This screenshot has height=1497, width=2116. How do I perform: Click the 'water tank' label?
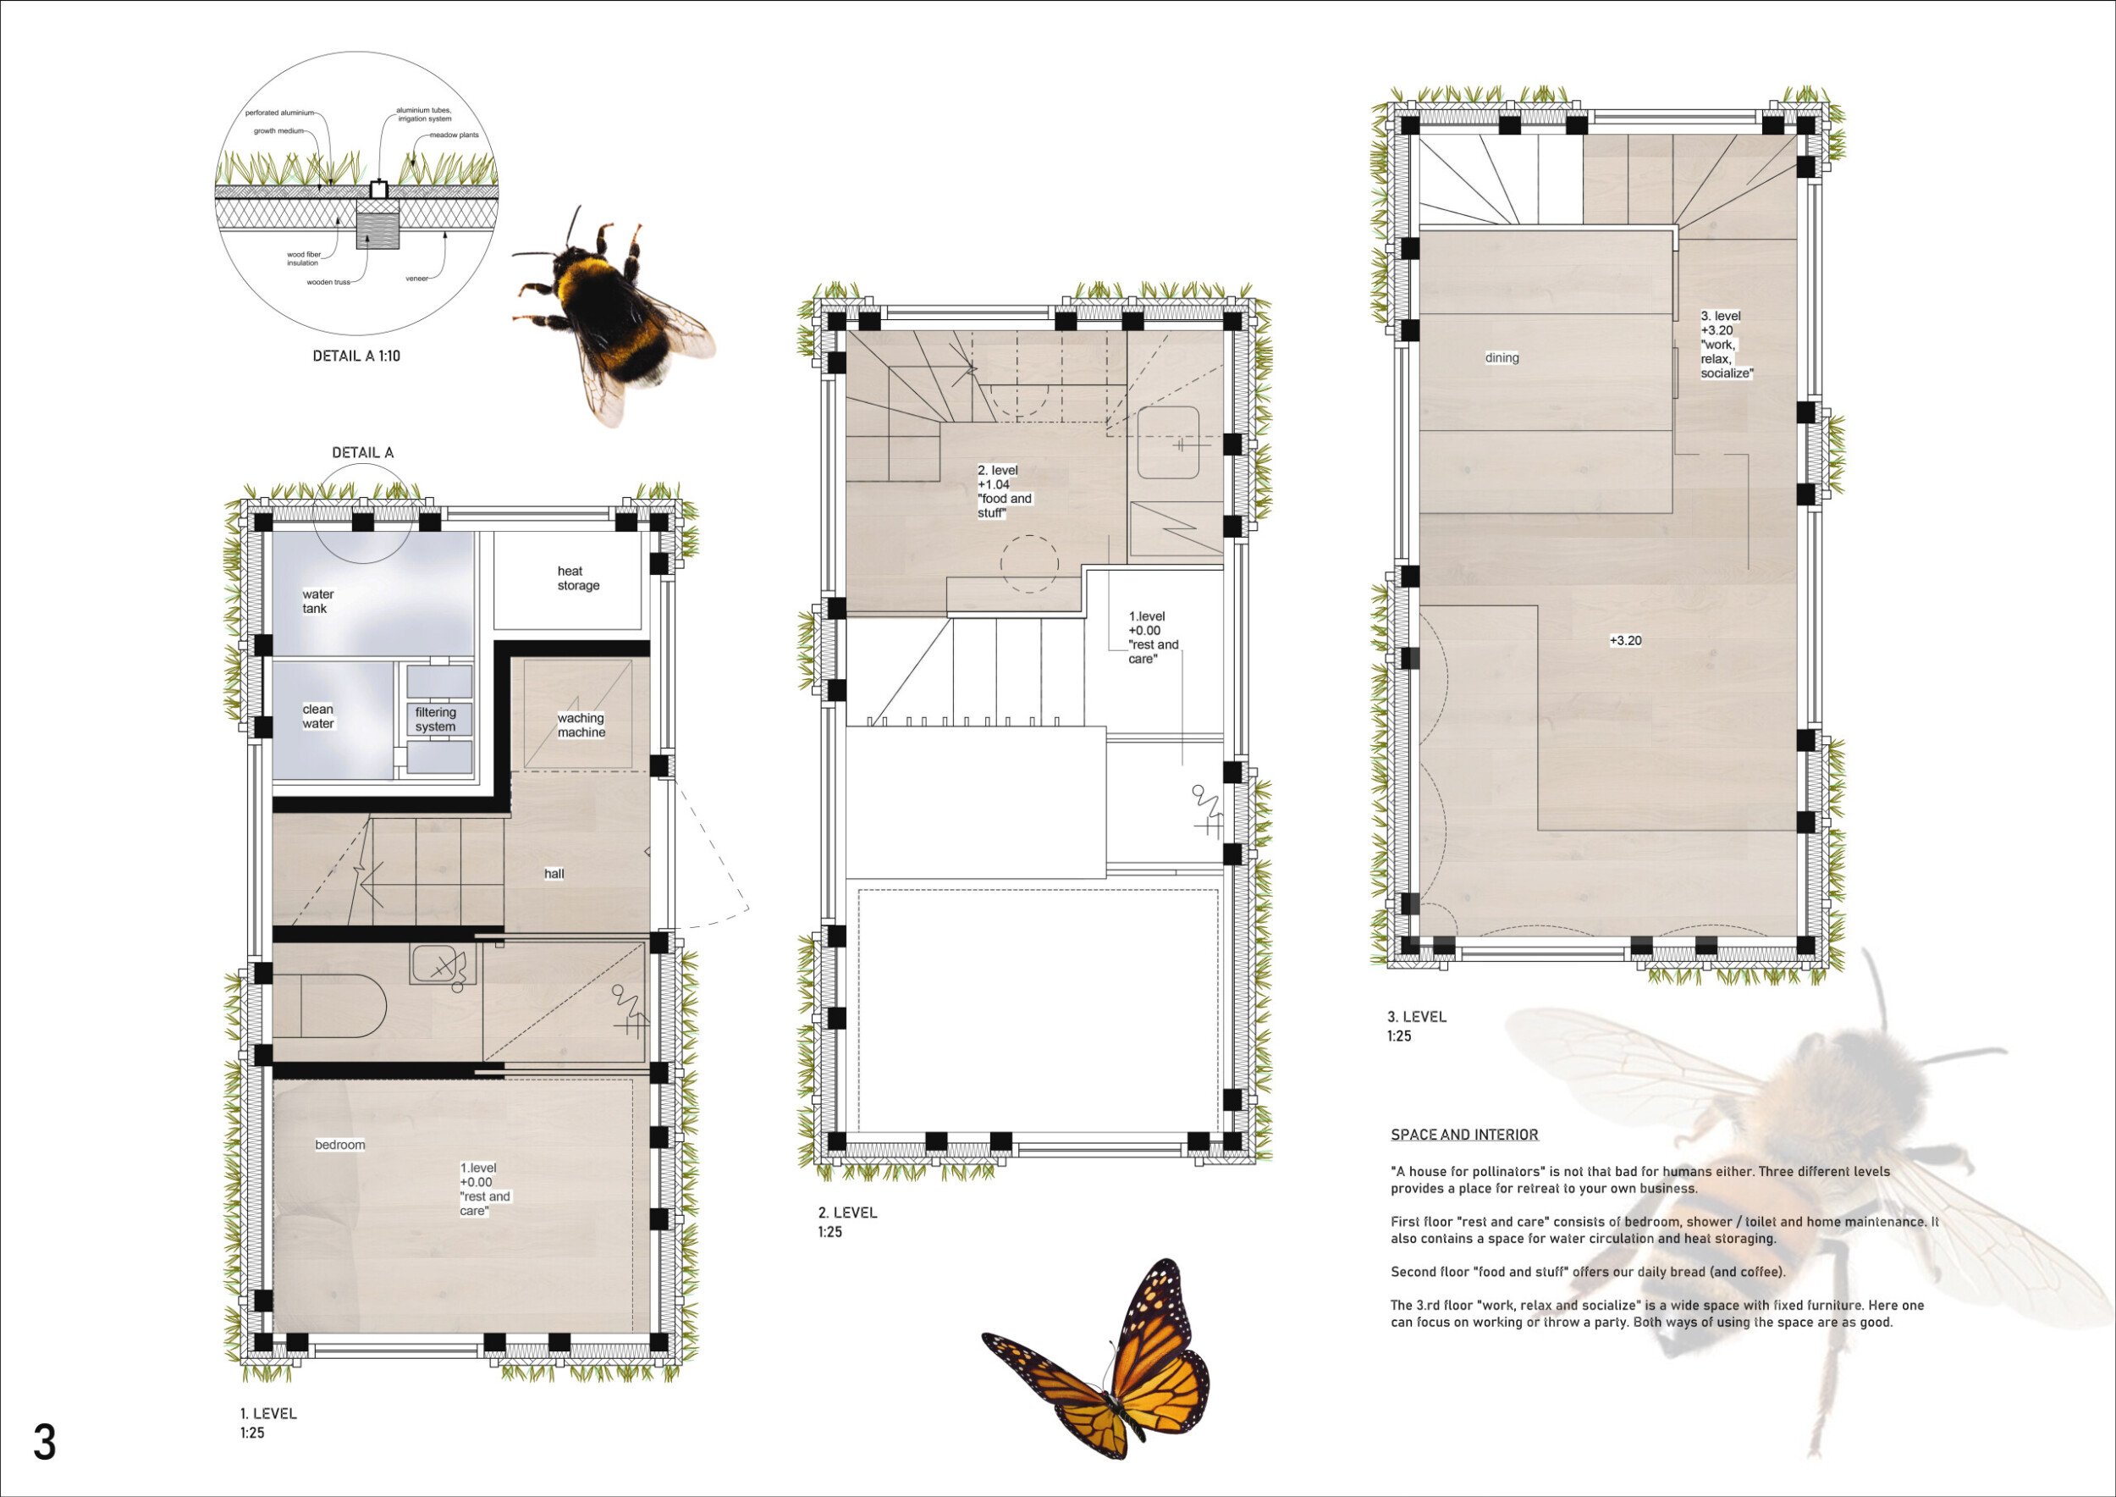click(318, 601)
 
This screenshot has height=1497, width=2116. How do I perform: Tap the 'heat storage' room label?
click(578, 578)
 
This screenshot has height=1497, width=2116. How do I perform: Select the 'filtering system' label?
click(435, 719)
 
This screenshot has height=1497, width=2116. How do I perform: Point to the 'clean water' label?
click(318, 716)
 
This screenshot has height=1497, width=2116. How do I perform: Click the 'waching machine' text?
click(581, 725)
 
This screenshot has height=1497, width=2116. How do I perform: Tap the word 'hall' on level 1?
click(554, 873)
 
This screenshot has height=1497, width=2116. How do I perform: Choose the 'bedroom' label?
click(340, 1144)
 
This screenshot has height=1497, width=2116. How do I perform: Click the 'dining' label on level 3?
click(1502, 357)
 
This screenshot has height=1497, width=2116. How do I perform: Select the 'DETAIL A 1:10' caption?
click(356, 356)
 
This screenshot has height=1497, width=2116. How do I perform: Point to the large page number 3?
click(44, 1443)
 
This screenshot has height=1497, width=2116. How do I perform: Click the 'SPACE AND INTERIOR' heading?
click(1464, 1135)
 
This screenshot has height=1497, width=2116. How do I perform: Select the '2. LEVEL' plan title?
click(847, 1213)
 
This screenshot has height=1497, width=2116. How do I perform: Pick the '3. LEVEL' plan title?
click(1417, 1017)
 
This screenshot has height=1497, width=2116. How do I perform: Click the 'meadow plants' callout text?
click(454, 135)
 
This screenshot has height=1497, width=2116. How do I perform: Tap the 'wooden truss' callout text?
click(328, 282)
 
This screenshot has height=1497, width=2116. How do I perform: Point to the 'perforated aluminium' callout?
click(279, 113)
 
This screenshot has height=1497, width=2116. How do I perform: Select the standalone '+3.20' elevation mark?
click(1625, 641)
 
